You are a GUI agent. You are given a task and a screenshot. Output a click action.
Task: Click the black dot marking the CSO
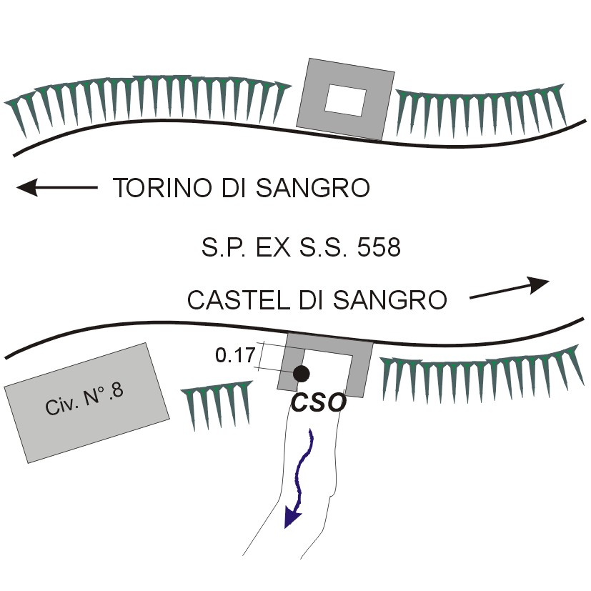[301, 373]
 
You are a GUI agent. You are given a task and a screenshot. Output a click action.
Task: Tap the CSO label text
[319, 402]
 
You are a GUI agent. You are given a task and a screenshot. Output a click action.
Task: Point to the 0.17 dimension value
[234, 354]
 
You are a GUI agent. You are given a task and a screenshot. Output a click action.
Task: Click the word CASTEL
[230, 300]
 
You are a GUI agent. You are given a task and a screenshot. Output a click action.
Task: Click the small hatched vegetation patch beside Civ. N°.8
[217, 406]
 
